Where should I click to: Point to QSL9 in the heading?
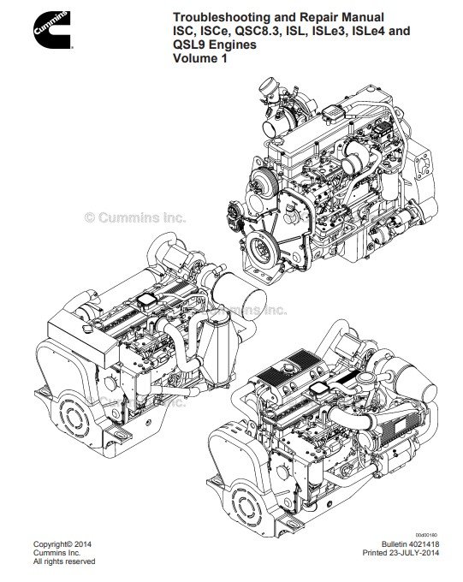click(189, 45)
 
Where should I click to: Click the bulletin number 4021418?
click(423, 544)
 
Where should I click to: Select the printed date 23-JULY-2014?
click(413, 553)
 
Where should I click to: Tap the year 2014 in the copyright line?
click(83, 544)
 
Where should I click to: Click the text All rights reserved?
click(64, 561)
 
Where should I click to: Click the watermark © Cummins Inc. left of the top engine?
click(135, 217)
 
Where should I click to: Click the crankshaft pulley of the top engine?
click(261, 246)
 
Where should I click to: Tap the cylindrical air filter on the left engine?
click(240, 295)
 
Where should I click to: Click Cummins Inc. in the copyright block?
click(56, 553)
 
